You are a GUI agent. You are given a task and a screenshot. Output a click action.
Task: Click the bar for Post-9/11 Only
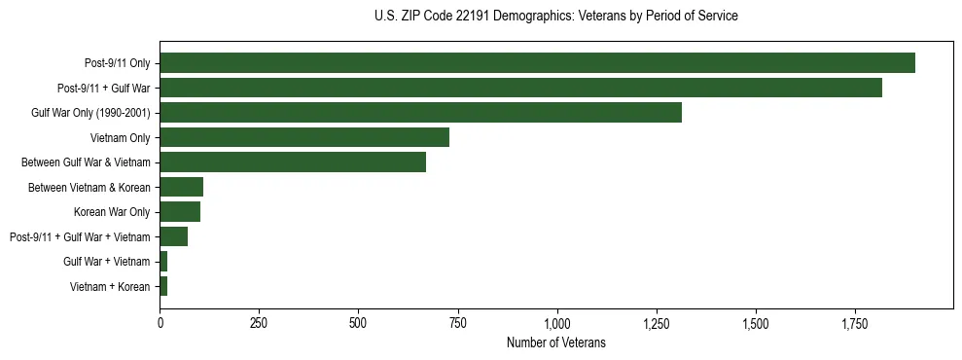tap(537, 63)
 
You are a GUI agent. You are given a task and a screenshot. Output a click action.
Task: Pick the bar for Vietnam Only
tap(304, 137)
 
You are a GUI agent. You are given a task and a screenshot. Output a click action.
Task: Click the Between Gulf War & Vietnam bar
tap(293, 162)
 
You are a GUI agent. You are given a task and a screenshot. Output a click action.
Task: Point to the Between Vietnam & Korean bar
tap(182, 187)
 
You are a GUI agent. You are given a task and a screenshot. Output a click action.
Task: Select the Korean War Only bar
tap(180, 211)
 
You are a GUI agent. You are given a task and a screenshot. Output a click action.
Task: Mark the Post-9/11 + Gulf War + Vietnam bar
tap(174, 236)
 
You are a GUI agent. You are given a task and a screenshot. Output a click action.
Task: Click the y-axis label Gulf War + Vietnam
tap(106, 262)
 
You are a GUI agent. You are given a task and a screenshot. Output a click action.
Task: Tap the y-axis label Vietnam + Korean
tap(110, 286)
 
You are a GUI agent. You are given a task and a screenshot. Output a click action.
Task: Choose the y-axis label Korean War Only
tap(111, 212)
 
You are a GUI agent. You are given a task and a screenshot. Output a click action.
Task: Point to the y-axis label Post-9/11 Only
tap(117, 64)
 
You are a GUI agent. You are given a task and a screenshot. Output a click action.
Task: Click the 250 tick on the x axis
tap(259, 322)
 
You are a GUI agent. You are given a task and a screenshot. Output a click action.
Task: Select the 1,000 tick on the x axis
tap(557, 322)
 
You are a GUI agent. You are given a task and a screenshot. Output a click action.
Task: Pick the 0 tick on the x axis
tap(160, 322)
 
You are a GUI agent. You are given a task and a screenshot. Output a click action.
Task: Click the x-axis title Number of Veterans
tap(556, 342)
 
